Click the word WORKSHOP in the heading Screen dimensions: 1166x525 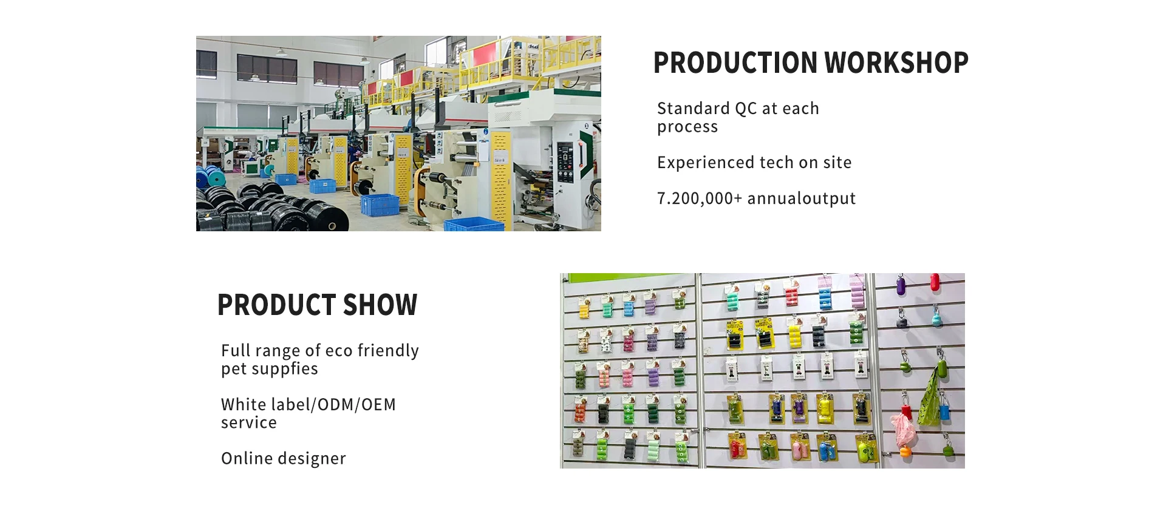(896, 63)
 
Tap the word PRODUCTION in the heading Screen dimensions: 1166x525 (735, 63)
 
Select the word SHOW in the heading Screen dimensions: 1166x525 (380, 305)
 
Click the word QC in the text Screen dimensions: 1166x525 (746, 109)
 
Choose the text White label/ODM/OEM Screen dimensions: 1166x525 (309, 404)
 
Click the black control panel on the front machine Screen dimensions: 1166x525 (565, 162)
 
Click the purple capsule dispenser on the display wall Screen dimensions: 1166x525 (901, 285)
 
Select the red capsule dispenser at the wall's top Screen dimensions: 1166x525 (935, 282)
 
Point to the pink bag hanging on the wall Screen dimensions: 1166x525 (903, 429)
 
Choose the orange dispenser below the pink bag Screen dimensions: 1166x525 (905, 452)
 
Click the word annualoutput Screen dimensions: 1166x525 (802, 198)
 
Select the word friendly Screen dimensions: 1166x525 (388, 351)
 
